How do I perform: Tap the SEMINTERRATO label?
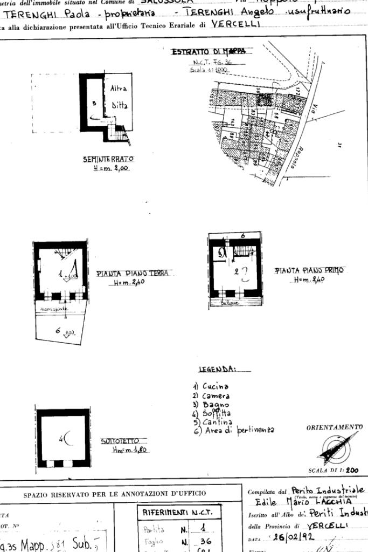coord(108,159)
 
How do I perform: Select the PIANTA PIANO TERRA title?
coord(132,274)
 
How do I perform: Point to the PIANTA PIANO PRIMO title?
coord(309,270)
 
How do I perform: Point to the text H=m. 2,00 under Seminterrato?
coord(109,168)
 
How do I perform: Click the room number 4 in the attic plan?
coord(61,440)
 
